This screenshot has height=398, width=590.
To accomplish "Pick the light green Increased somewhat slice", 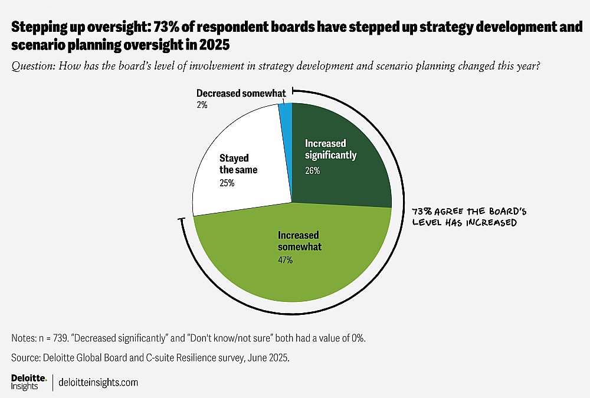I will (295, 265).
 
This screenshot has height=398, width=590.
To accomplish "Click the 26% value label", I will (312, 171).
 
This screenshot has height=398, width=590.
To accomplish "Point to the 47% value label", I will (286, 260).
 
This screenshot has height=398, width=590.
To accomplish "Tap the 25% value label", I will (227, 183).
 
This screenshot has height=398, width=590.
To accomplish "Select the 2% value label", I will (201, 105).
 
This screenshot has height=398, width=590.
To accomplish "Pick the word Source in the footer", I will (24, 357).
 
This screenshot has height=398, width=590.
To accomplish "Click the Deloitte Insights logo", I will (28, 382).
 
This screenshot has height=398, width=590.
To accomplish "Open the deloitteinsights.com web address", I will (99, 383).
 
